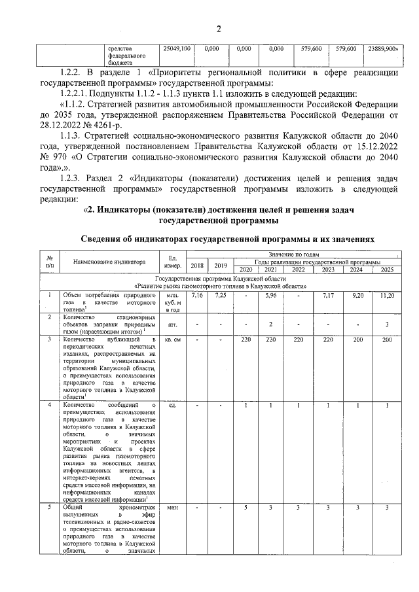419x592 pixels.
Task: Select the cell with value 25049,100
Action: [x=176, y=49]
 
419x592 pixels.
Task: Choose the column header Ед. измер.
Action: [x=173, y=262]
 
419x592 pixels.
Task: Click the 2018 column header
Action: [x=197, y=265]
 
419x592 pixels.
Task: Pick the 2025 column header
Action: [x=386, y=270]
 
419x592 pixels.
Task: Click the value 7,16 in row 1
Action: [x=197, y=296]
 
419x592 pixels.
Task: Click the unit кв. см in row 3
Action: [x=173, y=340]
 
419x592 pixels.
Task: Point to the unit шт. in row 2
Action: [x=173, y=324]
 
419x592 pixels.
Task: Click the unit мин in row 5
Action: [x=173, y=508]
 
